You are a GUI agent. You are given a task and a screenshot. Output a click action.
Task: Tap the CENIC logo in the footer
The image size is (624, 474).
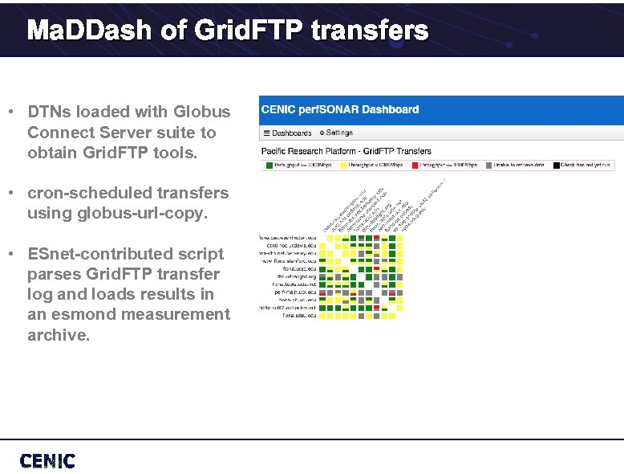[x=47, y=461]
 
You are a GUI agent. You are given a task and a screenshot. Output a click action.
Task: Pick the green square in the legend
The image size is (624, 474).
[x=269, y=165]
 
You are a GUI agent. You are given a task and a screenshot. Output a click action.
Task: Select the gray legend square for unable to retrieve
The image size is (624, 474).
[x=485, y=165]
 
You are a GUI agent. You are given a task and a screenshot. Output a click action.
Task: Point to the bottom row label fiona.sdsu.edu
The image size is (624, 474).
[x=299, y=315]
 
